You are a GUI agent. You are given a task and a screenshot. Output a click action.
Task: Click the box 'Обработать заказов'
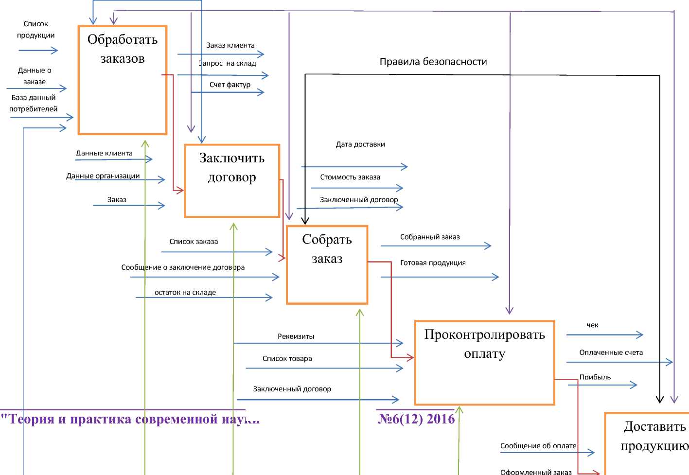point(123,80)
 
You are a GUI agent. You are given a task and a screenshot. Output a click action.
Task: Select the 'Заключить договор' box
point(232,180)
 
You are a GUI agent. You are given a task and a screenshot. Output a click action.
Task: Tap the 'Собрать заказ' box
point(327,264)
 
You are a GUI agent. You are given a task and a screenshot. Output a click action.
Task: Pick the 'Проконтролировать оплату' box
point(484,362)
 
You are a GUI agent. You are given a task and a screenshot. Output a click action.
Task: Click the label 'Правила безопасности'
point(433,62)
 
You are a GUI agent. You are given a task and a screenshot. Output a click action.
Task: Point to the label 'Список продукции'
point(36,30)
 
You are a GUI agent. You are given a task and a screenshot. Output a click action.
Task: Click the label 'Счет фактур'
point(230,85)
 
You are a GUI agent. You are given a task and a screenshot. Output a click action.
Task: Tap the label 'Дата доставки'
point(360,144)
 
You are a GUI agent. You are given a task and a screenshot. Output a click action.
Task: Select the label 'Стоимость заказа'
point(350,177)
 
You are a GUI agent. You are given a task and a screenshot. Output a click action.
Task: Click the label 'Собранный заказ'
point(430,237)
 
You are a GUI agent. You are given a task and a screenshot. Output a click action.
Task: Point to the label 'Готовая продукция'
point(433,263)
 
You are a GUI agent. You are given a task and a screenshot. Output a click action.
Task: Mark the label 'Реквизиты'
point(296,336)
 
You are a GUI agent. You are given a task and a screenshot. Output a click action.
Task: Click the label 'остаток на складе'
point(185,293)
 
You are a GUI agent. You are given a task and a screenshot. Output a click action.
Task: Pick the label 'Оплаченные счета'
point(611,352)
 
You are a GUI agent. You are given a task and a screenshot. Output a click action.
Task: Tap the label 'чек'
point(592,325)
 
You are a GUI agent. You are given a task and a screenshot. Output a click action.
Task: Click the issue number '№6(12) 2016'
point(416,419)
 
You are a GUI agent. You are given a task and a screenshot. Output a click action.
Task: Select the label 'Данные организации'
point(103,176)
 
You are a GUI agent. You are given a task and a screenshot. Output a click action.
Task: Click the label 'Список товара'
point(287,359)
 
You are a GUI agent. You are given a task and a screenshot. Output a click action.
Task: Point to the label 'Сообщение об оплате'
point(538,446)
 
